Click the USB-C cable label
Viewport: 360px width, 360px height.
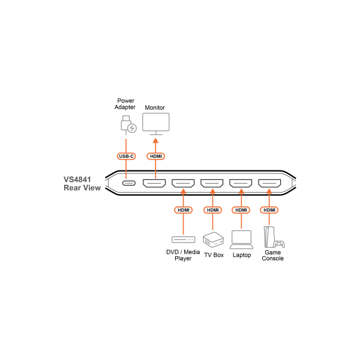[x=126, y=157]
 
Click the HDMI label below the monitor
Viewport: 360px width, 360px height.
[x=155, y=157]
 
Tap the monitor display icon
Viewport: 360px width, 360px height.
[x=155, y=122]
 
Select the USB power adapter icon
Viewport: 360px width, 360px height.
[x=125, y=123]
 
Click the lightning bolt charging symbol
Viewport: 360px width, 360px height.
[x=132, y=128]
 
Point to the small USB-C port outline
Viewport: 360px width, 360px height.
[x=128, y=183]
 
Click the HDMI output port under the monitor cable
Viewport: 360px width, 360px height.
[x=154, y=183]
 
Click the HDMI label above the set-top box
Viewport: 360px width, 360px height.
[x=183, y=210]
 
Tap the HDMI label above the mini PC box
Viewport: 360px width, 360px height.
[x=212, y=210]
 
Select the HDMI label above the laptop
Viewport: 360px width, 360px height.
[x=241, y=210]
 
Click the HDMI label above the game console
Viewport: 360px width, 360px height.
[x=269, y=210]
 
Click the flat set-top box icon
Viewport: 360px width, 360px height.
[x=183, y=239]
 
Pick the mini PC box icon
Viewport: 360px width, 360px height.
[x=213, y=239]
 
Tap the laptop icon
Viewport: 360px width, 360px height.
[x=241, y=240]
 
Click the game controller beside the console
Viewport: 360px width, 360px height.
[x=279, y=244]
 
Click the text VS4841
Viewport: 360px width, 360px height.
[x=77, y=179]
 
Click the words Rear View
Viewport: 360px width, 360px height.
[x=82, y=188]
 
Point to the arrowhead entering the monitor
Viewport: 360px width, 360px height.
[x=155, y=140]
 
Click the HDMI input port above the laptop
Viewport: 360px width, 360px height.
[x=241, y=183]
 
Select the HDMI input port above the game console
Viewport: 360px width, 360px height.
[x=269, y=183]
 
